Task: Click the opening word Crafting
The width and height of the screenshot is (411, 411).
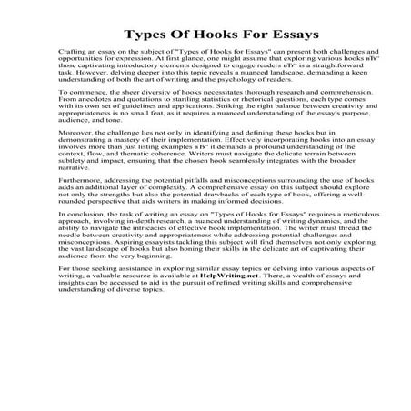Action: pos(70,66)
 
